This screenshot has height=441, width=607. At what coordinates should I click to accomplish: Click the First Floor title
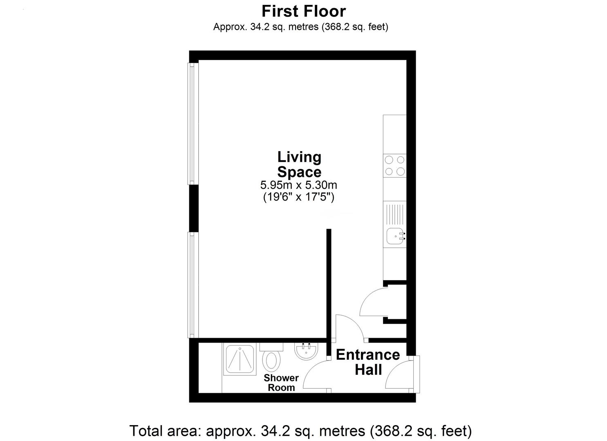303,11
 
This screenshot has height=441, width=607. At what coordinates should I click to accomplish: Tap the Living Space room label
299,164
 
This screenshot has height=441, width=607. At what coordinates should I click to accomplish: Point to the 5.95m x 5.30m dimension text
299,185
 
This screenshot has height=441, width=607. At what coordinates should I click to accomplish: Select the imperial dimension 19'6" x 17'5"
299,197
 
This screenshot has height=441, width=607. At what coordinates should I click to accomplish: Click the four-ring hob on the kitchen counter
394,166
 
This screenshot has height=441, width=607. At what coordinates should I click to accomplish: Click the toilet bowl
271,361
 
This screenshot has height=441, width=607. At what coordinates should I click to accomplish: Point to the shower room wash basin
306,351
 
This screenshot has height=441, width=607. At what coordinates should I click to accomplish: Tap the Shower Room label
281,383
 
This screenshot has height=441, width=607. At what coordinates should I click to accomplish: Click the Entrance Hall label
368,362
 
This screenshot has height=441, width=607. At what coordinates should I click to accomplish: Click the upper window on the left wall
193,124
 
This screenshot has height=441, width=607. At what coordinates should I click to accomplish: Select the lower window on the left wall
193,285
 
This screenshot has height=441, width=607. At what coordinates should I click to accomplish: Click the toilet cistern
271,347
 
